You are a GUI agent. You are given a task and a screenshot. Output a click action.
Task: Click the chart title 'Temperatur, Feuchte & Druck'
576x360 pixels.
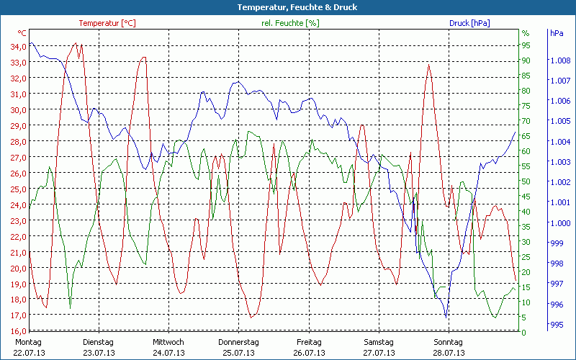(x=287, y=7)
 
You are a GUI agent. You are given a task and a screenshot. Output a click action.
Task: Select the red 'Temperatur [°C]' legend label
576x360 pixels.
(x=107, y=23)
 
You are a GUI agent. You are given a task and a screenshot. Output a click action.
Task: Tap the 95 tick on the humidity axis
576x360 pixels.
(x=526, y=45)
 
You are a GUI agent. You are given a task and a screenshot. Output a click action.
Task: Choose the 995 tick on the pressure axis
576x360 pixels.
(x=556, y=325)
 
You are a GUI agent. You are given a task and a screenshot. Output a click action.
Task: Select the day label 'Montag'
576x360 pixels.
(x=29, y=341)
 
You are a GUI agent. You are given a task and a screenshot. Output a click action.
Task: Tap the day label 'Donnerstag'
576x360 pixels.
(x=238, y=341)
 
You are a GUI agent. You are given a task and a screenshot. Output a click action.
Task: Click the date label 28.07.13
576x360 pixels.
(x=449, y=353)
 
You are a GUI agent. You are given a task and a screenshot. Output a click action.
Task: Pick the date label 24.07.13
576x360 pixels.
(x=168, y=353)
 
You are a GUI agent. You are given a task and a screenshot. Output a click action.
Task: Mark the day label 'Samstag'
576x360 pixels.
(x=379, y=341)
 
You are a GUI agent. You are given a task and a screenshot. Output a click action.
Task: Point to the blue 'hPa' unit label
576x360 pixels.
(x=557, y=33)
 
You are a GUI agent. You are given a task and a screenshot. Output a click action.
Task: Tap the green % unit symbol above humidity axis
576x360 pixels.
(x=526, y=33)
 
